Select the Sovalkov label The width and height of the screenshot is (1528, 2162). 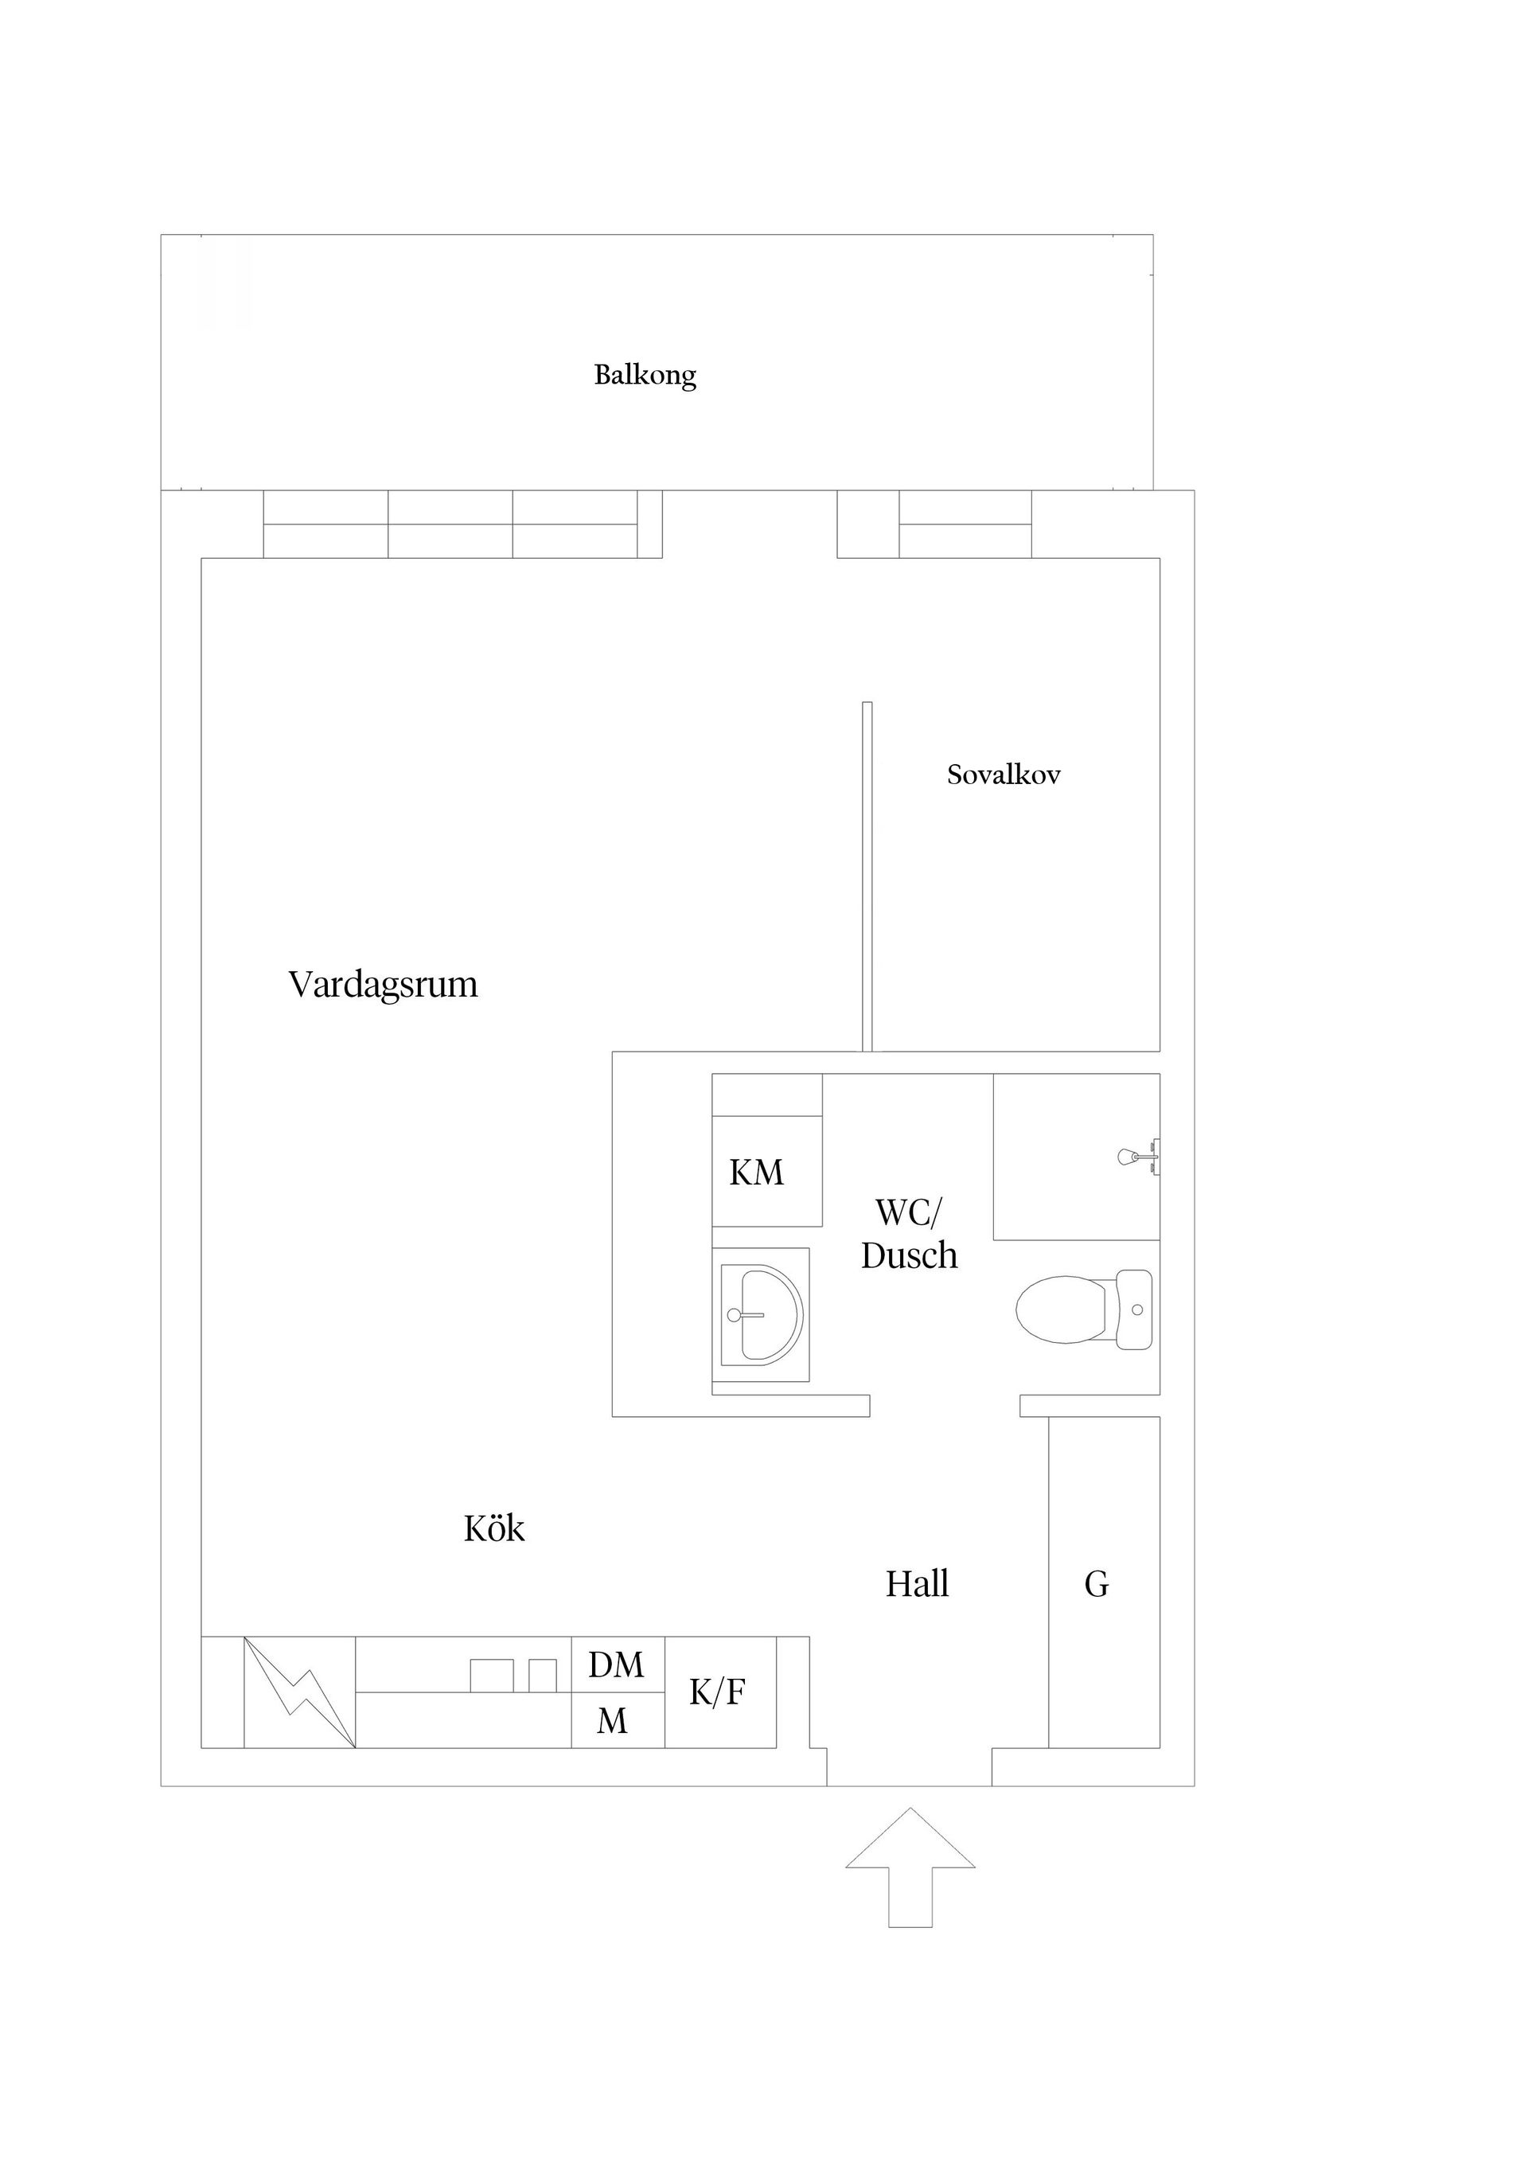[1004, 775]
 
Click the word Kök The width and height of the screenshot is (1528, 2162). [494, 1529]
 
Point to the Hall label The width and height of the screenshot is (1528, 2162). [917, 1585]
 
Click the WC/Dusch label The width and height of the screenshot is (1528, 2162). [909, 1235]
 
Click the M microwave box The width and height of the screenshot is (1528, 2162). [613, 1721]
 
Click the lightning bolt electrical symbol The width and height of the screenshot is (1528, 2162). [299, 1693]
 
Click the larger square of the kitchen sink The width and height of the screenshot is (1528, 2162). [492, 1676]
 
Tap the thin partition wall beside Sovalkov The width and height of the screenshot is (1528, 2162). [867, 876]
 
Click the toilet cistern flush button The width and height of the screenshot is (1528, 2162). [1137, 1309]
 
